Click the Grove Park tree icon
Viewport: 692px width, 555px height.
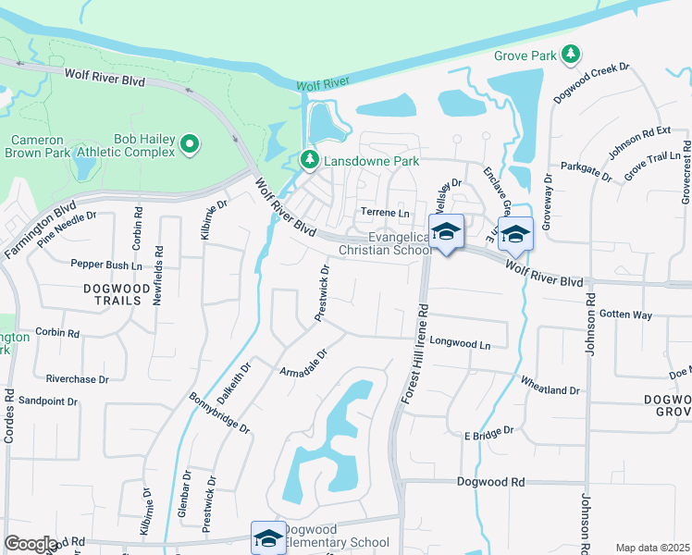[x=573, y=55]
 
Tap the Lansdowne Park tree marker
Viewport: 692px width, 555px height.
[x=310, y=161]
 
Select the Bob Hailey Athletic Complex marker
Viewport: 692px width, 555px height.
[x=190, y=143]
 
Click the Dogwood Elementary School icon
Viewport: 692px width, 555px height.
[x=268, y=536]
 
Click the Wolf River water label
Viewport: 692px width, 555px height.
[x=322, y=84]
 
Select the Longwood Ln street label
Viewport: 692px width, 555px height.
[x=460, y=342]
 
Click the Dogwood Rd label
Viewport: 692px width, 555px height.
[x=490, y=483]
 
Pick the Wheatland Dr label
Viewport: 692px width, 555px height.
[x=550, y=390]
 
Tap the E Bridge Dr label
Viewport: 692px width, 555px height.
[x=488, y=433]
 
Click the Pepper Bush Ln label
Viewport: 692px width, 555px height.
[x=106, y=264]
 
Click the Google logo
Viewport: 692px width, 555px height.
[x=31, y=544]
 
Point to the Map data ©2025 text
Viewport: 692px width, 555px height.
[x=651, y=548]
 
